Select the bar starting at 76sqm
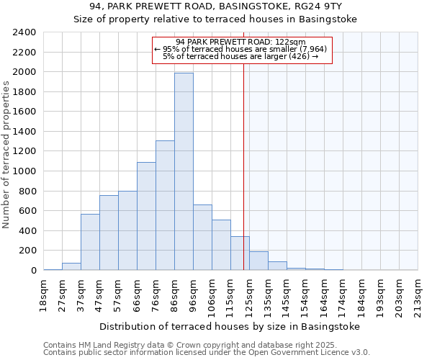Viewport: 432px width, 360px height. click(x=165, y=205)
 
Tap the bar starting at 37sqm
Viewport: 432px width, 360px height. click(x=90, y=242)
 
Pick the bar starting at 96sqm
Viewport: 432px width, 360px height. click(x=202, y=238)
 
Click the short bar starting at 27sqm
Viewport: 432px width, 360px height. click(x=71, y=266)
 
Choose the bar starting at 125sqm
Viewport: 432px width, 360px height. click(x=258, y=261)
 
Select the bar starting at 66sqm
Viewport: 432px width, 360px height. click(x=146, y=216)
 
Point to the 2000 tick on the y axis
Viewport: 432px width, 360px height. click(x=26, y=72)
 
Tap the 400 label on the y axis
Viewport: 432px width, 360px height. click(x=29, y=231)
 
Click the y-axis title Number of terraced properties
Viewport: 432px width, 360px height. click(x=6, y=155)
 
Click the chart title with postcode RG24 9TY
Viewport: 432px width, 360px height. click(x=215, y=6)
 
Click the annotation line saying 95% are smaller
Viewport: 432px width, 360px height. click(x=241, y=49)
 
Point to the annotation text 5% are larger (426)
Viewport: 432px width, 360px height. click(x=241, y=56)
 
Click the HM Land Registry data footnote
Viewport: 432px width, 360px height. click(x=180, y=345)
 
